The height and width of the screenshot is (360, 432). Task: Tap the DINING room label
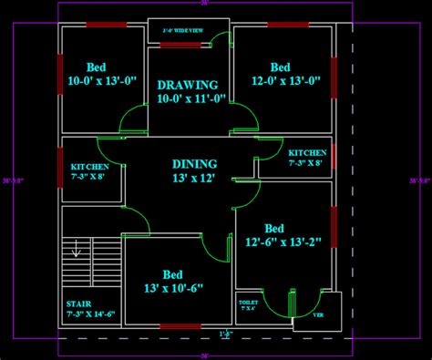(193, 164)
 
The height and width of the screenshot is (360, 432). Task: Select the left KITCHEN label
(89, 168)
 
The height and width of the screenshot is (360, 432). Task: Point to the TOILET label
(248, 301)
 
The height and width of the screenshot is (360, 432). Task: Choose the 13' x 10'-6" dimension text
(173, 289)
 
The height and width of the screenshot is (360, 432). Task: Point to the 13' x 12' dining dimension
(193, 179)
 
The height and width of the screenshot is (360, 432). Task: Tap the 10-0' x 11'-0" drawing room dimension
(192, 98)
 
